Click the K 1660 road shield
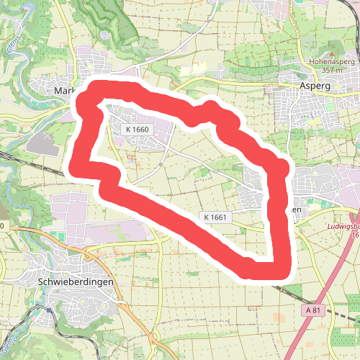click(x=136, y=129)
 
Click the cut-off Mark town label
click(x=64, y=91)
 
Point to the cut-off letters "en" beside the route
click(x=295, y=209)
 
